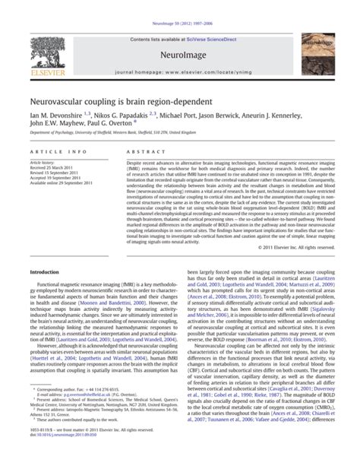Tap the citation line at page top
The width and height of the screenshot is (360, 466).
coord(180,5)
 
